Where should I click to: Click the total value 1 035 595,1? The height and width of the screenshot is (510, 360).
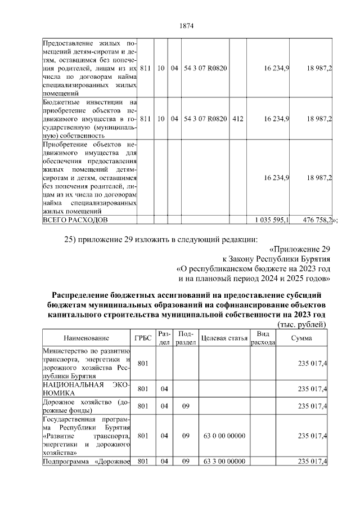pyautogui.click(x=272, y=220)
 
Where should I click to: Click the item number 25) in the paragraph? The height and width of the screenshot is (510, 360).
pyautogui.click(x=70, y=240)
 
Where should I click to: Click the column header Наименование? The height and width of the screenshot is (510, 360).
pyautogui.click(x=86, y=338)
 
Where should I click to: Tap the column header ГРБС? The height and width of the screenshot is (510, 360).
pyautogui.click(x=142, y=338)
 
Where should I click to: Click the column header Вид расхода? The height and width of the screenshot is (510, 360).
pyautogui.click(x=263, y=338)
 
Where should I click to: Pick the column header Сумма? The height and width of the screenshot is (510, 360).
pyautogui.click(x=302, y=338)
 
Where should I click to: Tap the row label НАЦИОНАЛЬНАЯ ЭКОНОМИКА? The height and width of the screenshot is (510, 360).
pyautogui.click(x=86, y=388)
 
